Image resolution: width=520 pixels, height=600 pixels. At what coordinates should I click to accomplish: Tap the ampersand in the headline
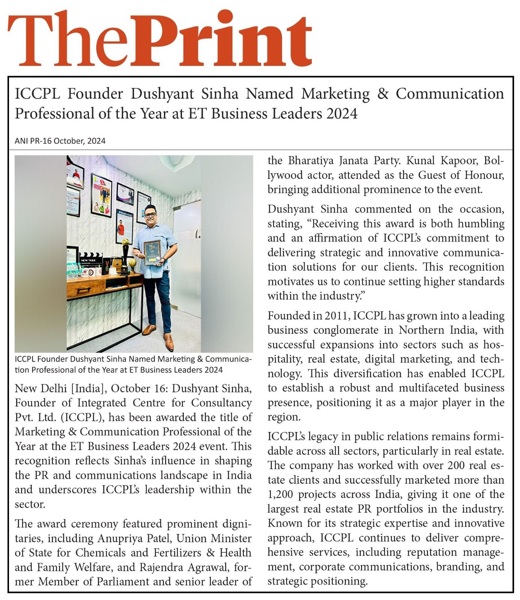[x=382, y=94]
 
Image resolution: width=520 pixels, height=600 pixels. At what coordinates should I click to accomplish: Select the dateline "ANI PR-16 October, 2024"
[x=60, y=141]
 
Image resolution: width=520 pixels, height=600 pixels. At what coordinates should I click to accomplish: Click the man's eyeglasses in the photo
[x=150, y=214]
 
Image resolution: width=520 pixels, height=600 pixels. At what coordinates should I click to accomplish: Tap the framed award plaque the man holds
[x=152, y=252]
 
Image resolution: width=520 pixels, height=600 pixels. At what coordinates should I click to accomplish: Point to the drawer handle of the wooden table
[x=84, y=290]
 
